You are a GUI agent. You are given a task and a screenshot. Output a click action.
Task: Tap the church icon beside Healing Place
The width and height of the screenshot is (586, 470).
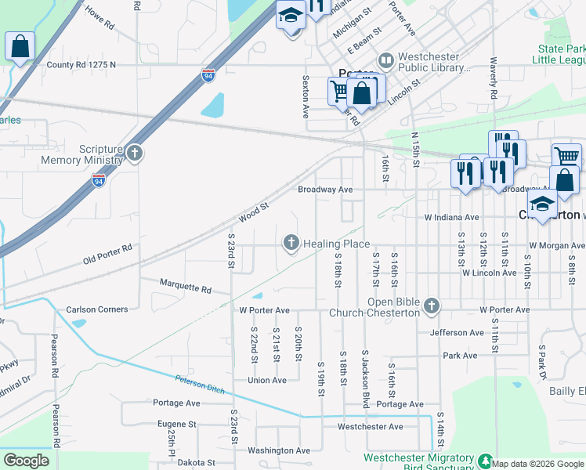tap(291, 244)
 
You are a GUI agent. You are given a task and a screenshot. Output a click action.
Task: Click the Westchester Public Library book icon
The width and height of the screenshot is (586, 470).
tap(385, 60)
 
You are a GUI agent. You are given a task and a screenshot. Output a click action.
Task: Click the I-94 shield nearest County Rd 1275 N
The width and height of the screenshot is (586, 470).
tap(208, 75)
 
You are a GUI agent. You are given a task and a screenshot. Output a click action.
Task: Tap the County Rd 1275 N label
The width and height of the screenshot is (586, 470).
tap(81, 65)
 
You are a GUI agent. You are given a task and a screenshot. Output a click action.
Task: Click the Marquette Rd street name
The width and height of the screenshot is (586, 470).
tap(185, 289)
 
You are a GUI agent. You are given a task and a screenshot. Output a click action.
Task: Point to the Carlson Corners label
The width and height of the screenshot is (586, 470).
tap(96, 309)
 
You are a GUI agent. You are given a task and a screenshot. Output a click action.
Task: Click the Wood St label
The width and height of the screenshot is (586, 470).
tap(253, 211)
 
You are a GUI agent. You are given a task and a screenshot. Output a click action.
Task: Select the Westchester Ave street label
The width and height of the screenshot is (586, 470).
tap(370, 427)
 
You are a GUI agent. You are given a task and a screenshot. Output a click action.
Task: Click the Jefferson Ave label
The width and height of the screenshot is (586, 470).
tap(457, 332)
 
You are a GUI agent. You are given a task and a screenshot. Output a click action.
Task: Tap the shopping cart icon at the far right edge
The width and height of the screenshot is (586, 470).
tap(566, 155)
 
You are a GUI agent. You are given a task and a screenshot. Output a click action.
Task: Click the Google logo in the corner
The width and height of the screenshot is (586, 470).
tap(27, 461)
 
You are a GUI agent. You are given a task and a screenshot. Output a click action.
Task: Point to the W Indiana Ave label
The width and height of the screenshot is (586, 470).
tap(451, 217)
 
